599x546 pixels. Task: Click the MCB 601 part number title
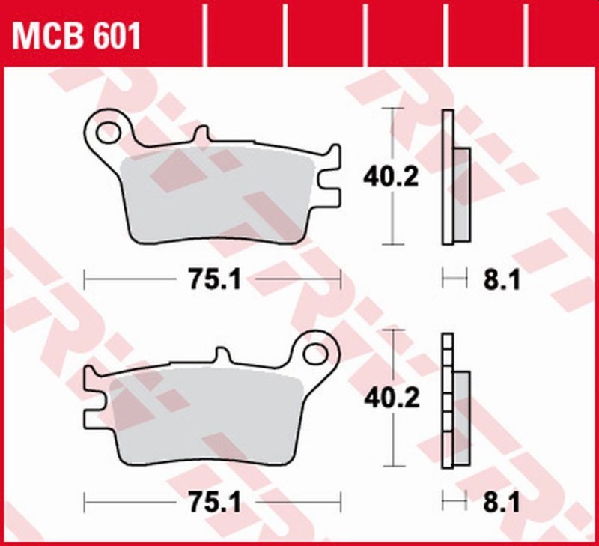[x=75, y=35]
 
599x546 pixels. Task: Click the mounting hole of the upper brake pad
[x=108, y=131]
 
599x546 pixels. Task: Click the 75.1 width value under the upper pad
[x=212, y=281]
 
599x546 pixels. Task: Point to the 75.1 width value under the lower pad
[x=212, y=503]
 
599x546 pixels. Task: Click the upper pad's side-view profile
[x=449, y=177]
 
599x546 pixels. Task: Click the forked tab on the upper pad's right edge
[x=329, y=178]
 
